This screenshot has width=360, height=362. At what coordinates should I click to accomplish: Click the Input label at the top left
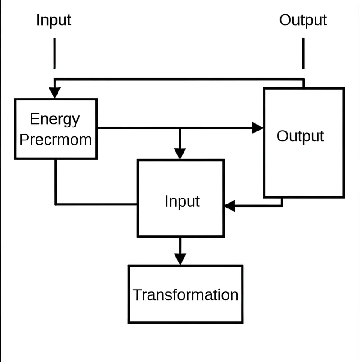point(54,20)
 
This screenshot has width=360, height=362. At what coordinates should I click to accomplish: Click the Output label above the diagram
point(303,20)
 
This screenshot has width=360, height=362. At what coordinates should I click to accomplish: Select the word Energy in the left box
point(54,119)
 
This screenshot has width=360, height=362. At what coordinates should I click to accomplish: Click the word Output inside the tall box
point(300,136)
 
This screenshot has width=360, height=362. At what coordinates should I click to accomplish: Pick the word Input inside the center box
point(182,201)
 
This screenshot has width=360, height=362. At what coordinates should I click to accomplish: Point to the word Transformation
point(185,295)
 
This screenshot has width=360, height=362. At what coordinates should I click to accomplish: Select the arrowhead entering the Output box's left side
point(258,128)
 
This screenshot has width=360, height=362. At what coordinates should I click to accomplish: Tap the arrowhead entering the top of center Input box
point(180,153)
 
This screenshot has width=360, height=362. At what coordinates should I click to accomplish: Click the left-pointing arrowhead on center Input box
point(230,206)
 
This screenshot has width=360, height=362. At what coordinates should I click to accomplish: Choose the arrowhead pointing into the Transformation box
point(180,259)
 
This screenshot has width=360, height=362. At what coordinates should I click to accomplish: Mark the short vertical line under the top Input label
point(54,53)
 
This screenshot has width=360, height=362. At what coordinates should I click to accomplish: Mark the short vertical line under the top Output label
point(303,53)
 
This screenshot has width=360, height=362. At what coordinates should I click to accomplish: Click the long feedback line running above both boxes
point(180,79)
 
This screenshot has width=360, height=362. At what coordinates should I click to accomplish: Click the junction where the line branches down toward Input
point(180,128)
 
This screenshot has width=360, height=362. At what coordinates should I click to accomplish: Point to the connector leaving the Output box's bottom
point(282,203)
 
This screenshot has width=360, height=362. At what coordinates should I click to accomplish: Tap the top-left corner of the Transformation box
point(129,266)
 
